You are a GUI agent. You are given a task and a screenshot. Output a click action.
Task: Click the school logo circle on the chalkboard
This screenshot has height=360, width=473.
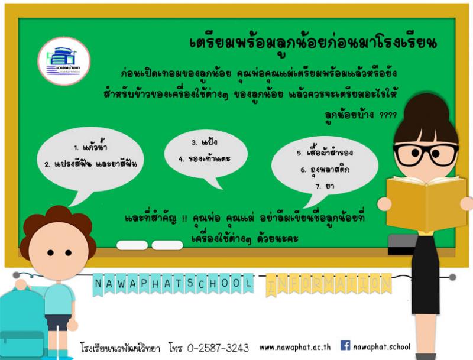coord(64,61)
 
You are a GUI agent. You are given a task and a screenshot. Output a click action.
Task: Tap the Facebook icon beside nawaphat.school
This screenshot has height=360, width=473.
coord(345,346)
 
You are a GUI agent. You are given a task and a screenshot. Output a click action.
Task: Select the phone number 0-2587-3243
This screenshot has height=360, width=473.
coord(218,348)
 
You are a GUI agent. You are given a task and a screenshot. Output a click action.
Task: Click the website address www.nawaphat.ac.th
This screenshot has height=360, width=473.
coord(294,348)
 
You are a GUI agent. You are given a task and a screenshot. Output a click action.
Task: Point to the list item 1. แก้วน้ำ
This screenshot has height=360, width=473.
coord(90,147)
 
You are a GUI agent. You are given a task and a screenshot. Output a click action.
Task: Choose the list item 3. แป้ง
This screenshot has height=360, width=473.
coord(205,142)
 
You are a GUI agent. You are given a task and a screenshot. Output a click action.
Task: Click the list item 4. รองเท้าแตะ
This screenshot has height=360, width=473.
coord(204,158)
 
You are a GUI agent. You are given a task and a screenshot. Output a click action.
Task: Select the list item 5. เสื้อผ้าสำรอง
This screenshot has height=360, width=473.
coord(325,153)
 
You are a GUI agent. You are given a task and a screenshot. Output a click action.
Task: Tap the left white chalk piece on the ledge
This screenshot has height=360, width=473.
coord(132,245)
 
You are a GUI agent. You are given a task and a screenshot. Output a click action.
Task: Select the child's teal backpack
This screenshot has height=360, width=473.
coord(22,323)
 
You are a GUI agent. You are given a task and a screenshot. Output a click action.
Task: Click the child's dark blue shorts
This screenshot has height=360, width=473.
coord(58,322)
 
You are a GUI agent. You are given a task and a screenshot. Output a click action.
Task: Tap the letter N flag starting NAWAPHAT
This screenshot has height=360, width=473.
coord(98,284)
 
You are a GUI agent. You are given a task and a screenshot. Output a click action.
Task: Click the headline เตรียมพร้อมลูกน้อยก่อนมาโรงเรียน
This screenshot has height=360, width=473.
coord(313,44)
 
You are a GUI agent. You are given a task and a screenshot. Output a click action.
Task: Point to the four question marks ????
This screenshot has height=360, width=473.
coord(388,115)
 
